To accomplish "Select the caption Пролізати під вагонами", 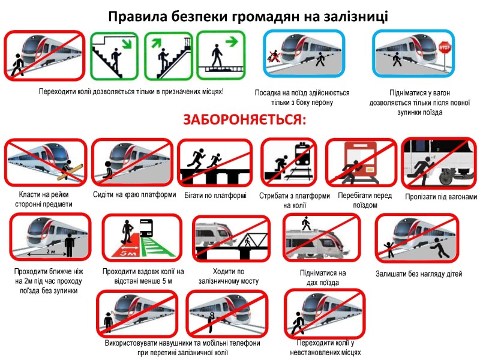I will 440,197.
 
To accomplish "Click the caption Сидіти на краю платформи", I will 134,195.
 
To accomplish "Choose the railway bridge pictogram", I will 231,239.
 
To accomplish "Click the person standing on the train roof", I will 306,224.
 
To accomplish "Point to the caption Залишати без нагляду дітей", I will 419,274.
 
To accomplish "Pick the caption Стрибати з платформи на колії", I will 294,200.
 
